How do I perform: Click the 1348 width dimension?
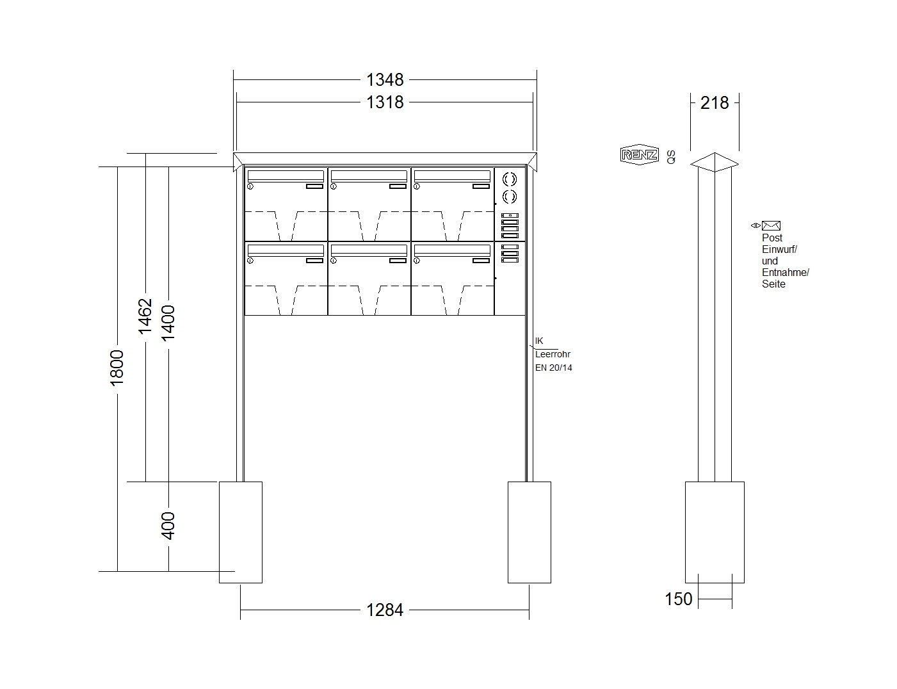tap(385, 79)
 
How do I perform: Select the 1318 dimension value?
tap(385, 102)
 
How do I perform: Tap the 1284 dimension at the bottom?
tap(385, 610)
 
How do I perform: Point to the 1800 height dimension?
tap(117, 368)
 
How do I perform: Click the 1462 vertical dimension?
tap(145, 316)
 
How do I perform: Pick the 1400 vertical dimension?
tap(168, 323)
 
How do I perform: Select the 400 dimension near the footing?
tap(168, 526)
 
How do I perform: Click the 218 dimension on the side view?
tap(715, 103)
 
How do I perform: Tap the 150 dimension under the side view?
tap(679, 599)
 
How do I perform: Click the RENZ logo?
tap(640, 155)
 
